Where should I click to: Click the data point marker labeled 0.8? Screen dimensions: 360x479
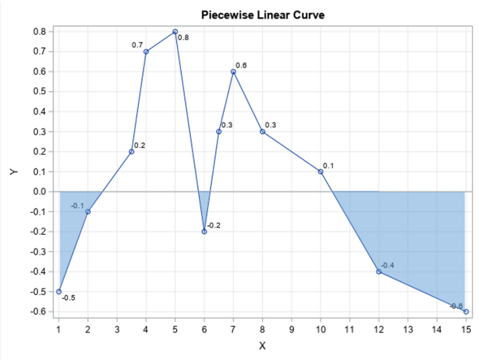(175, 32)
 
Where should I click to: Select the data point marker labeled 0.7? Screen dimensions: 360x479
(146, 52)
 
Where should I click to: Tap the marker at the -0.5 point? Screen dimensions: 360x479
(59, 291)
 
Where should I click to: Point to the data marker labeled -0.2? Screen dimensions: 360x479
(204, 231)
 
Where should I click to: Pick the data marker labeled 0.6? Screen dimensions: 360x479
(233, 72)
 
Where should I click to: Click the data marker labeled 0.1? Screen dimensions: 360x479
(321, 172)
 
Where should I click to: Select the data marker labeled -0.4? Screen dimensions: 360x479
(379, 271)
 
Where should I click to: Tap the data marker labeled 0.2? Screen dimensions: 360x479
(132, 152)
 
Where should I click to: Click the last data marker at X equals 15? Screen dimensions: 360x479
(466, 311)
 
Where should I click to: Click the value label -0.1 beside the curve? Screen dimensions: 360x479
(77, 206)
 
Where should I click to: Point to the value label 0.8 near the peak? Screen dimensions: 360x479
(183, 38)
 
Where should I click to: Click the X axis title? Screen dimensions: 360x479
(262, 346)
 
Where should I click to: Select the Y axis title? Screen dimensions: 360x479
(14, 172)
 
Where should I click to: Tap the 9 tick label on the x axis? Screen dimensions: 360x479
(291, 329)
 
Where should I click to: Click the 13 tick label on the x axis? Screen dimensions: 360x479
(408, 329)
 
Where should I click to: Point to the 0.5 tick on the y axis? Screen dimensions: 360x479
(39, 92)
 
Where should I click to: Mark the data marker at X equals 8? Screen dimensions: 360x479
(263, 132)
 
